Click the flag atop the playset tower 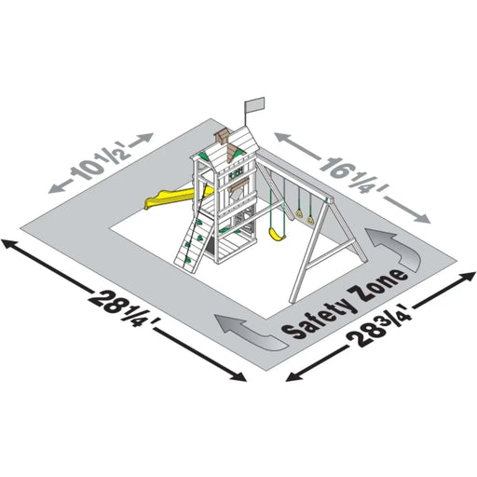pyautogui.click(x=254, y=104)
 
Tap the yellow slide pyautogui.click(x=174, y=198)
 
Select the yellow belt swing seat pyautogui.click(x=277, y=234)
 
